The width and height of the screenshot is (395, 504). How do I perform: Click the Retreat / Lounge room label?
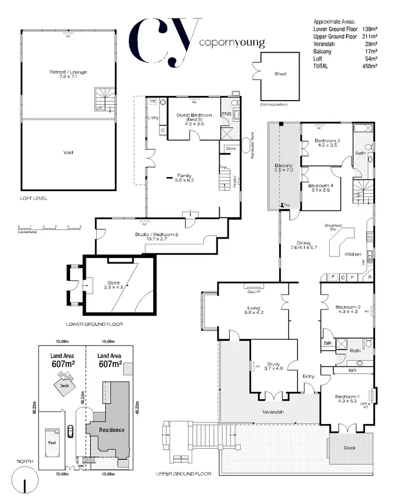click(x=68, y=74)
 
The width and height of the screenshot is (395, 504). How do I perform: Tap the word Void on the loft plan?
click(x=68, y=153)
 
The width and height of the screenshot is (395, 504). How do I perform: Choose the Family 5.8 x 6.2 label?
click(x=184, y=178)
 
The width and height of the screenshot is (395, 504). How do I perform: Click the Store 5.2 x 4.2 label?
click(x=114, y=285)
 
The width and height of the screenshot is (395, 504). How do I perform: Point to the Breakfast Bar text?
click(x=333, y=228)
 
